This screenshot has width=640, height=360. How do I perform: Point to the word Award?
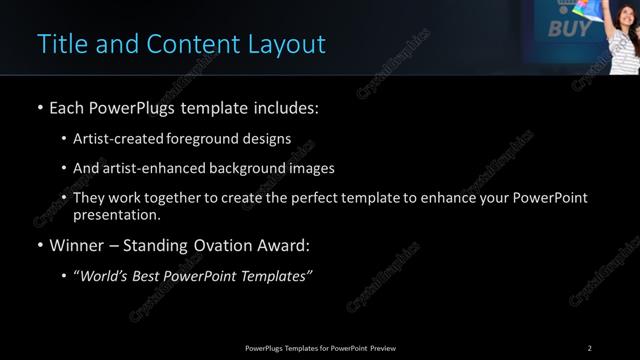pos(285,245)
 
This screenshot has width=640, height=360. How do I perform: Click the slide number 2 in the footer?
pos(589,348)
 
